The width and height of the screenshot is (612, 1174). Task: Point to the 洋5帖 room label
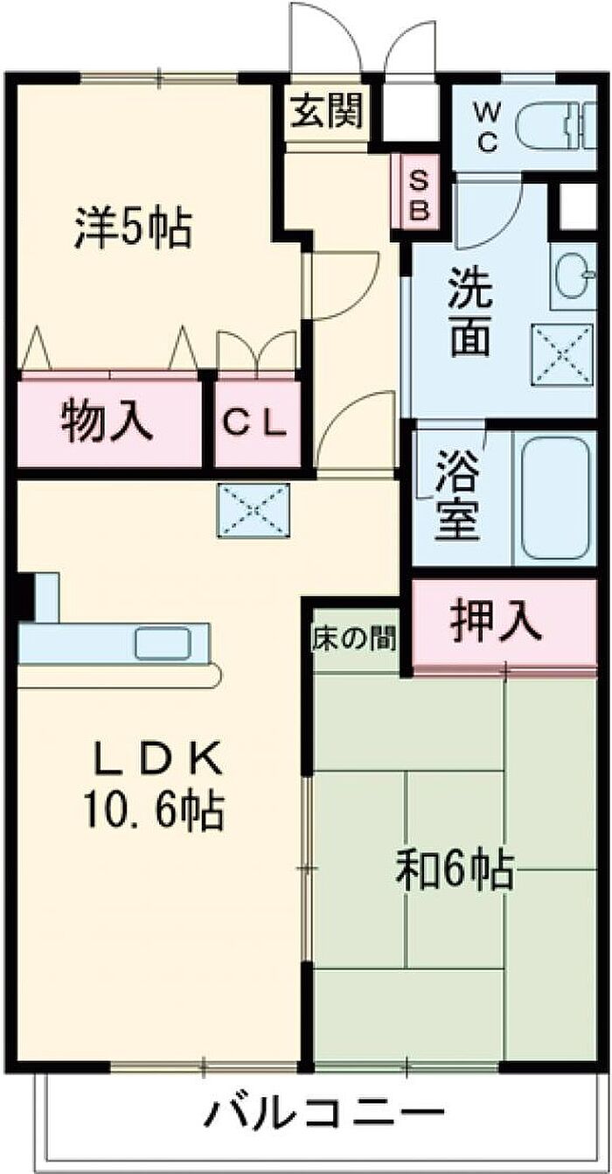click(x=133, y=227)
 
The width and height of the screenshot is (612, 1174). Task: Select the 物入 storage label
click(x=107, y=423)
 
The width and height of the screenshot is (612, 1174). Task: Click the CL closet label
click(x=254, y=424)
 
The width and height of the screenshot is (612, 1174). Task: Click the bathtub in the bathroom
click(x=555, y=496)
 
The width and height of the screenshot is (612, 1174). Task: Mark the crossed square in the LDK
click(x=254, y=510)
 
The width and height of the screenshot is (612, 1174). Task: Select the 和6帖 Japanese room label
click(x=454, y=870)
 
